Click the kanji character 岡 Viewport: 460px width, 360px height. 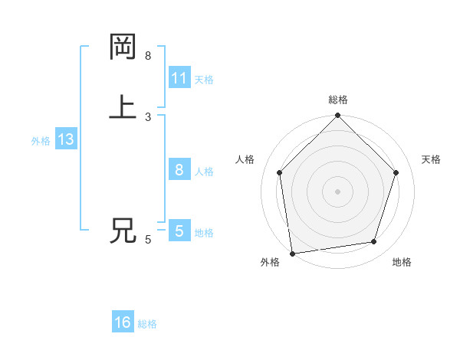123,47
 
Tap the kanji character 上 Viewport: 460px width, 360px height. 123,107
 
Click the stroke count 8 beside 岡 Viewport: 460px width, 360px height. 148,56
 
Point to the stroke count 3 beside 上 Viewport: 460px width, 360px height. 148,116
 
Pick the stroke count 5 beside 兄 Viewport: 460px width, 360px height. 148,240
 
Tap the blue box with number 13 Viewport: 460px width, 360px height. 65,139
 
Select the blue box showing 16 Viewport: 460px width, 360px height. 123,322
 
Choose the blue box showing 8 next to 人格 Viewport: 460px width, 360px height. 179,169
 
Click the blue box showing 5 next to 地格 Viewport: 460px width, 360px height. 179,231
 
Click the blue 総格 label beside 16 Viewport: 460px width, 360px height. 147,324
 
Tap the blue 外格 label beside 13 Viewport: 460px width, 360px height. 41,141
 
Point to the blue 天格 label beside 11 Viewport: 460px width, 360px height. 204,79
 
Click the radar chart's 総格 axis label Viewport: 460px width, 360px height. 338,100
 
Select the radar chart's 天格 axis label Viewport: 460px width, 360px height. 431,159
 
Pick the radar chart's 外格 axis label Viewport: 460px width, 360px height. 270,262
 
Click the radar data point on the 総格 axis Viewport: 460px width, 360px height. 338,116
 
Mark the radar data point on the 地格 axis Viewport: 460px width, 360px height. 374,241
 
